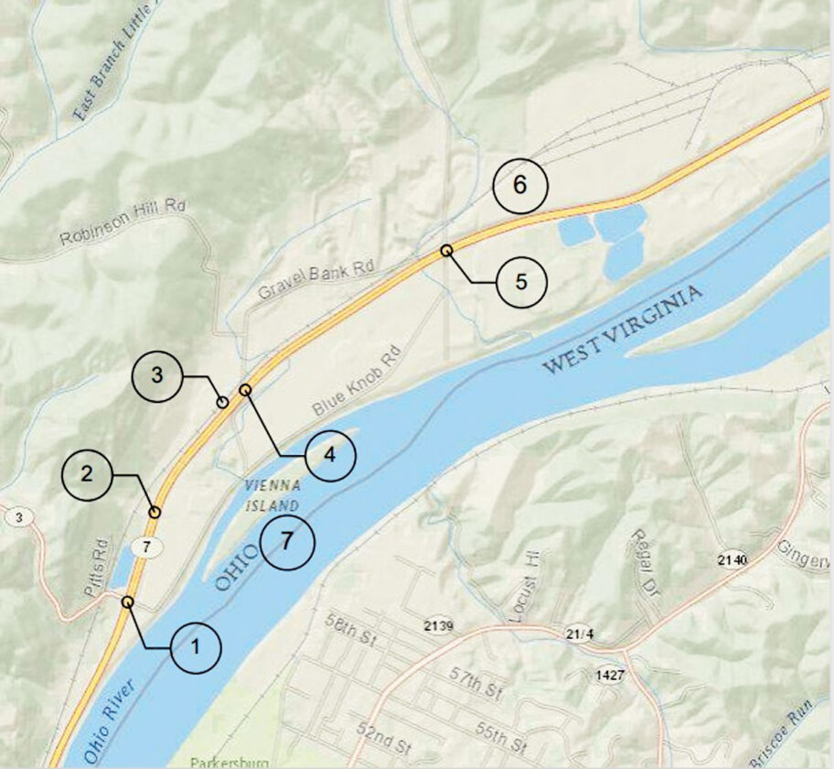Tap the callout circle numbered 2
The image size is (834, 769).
(87, 473)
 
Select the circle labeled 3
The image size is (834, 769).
(157, 375)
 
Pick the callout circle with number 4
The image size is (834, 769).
(330, 455)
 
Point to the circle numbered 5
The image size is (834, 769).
(521, 281)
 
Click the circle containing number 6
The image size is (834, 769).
(519, 185)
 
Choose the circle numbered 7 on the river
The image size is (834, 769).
(287, 541)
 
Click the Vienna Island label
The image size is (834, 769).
(272, 495)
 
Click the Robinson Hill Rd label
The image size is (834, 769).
(123, 222)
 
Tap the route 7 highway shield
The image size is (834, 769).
(142, 547)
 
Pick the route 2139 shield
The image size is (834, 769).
(439, 625)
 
